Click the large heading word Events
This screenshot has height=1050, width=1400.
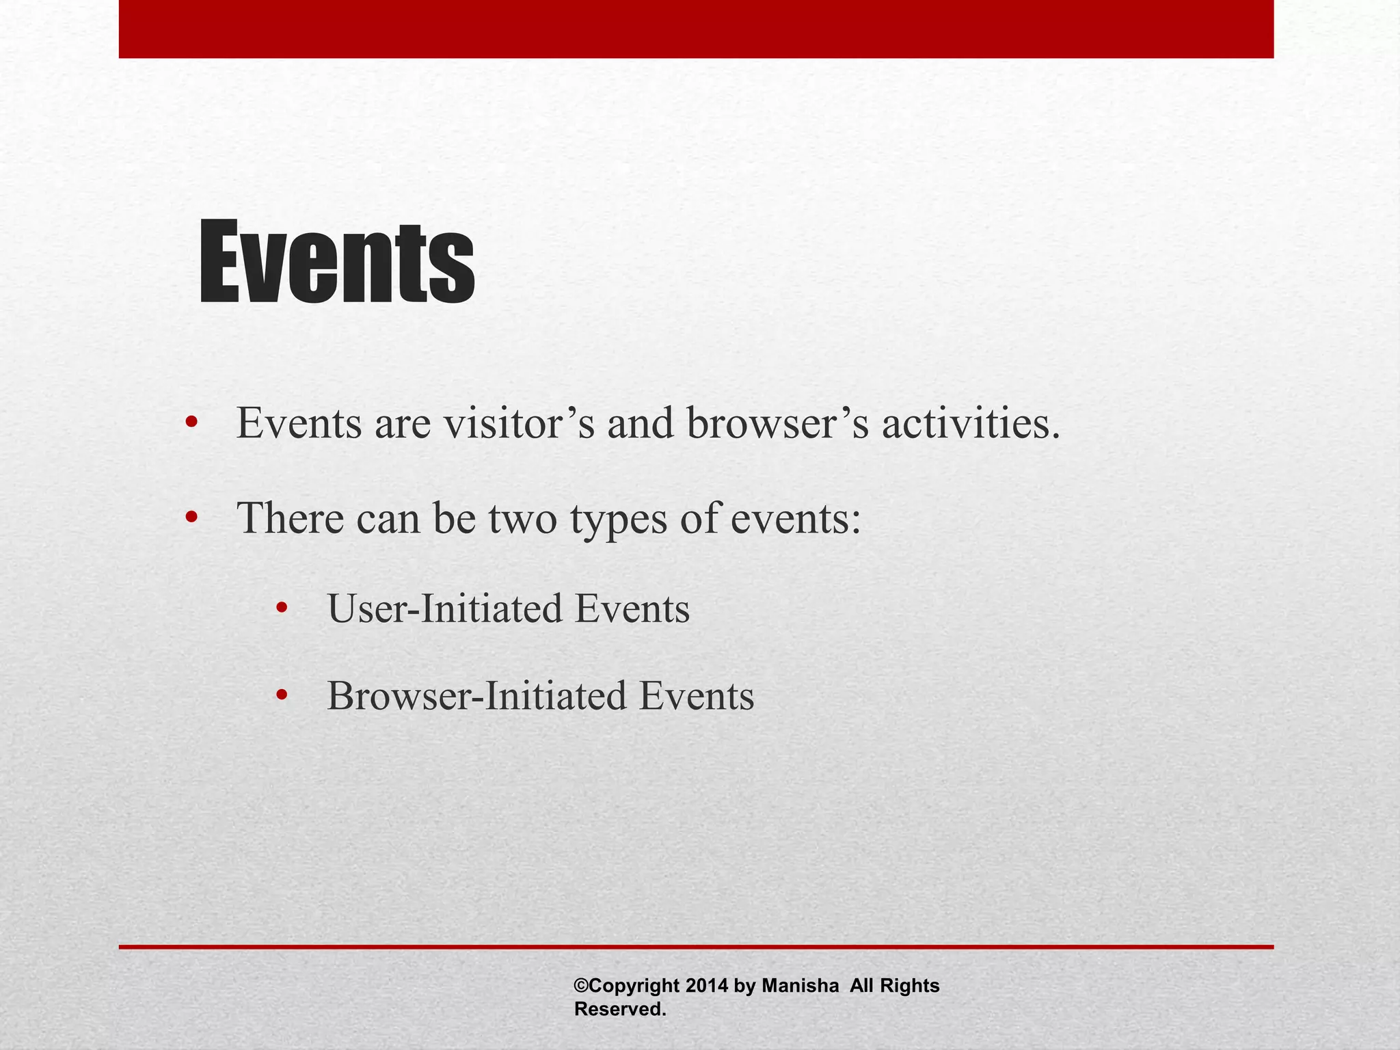(336, 262)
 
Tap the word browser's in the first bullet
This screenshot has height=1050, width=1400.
(778, 423)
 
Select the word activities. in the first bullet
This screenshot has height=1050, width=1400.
(971, 423)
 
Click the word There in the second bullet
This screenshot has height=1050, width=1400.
(290, 517)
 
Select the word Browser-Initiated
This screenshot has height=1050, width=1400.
(476, 696)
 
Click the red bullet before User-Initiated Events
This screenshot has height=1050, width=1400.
(281, 608)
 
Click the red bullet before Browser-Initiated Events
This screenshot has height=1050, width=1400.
(281, 696)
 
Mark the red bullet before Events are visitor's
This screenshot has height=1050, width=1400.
(191, 423)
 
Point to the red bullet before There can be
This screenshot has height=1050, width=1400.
(191, 517)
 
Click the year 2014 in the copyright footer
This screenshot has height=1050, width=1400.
(707, 986)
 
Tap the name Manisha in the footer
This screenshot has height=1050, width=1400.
(800, 986)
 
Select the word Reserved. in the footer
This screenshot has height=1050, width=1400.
(619, 1009)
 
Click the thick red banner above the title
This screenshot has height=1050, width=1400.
(696, 29)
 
